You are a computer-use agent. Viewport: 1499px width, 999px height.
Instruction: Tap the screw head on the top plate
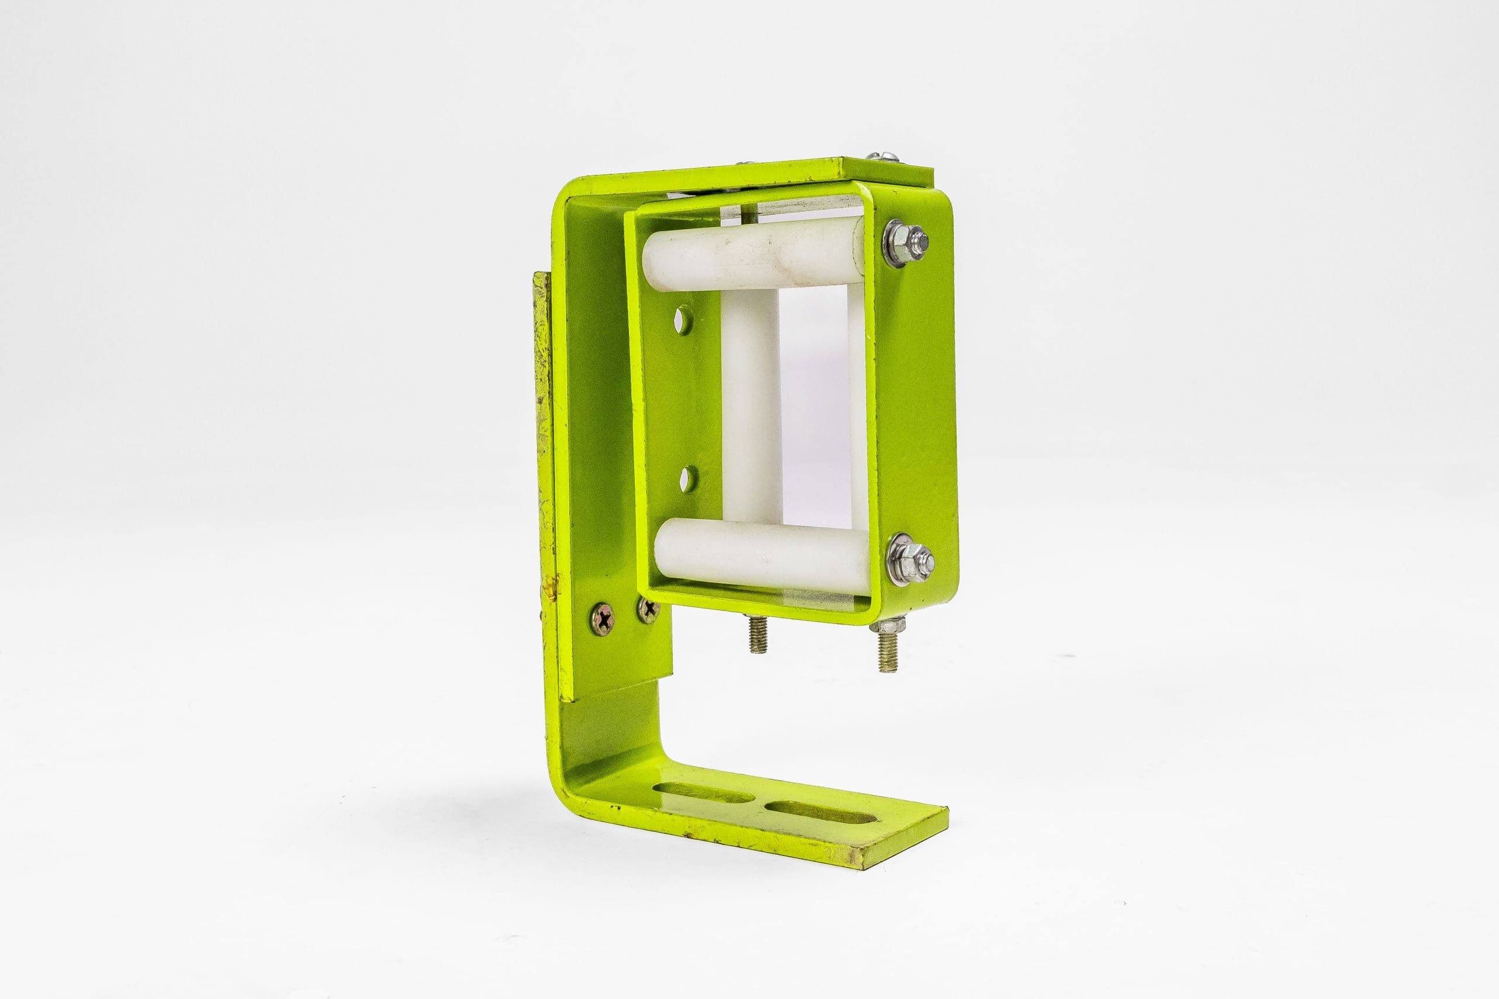coord(878,156)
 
